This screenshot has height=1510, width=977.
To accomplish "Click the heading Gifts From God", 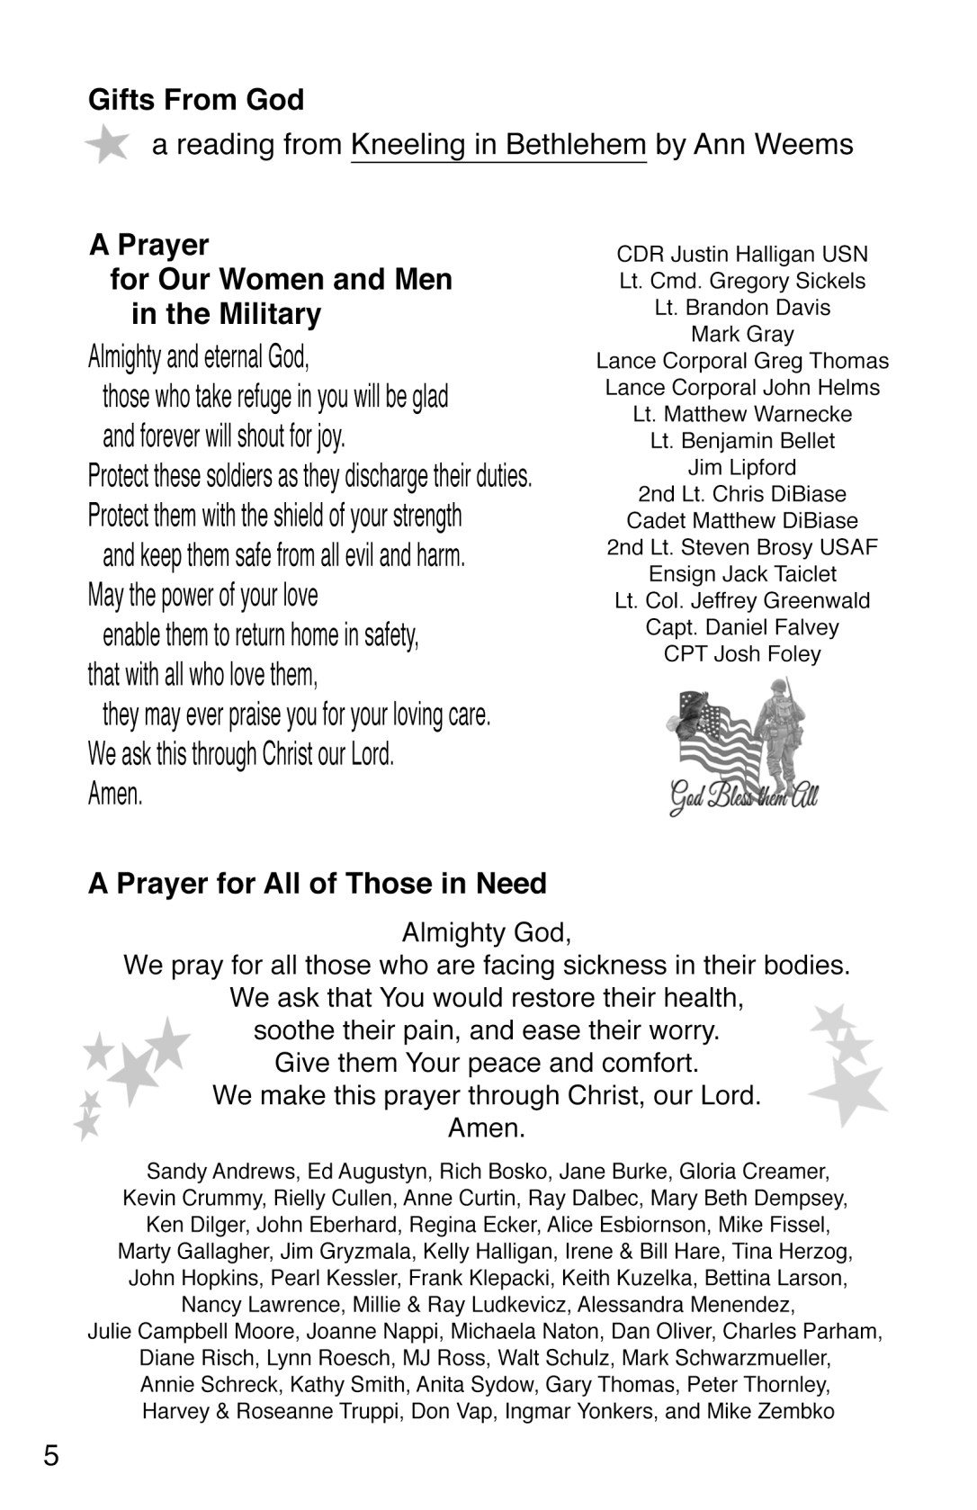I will coord(196,99).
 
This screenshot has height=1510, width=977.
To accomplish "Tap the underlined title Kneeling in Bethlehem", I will coord(498,144).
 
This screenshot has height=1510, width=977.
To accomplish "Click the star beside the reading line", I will coord(108,144).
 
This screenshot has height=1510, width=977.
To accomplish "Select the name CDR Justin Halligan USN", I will coord(742,255).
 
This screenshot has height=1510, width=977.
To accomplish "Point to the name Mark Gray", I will coord(742,335).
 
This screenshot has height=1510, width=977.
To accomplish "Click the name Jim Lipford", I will coord(742,468).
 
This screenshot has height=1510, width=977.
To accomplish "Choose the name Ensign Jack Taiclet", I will coord(742,574).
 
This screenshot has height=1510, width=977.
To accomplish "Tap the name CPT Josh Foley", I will coord(742,654).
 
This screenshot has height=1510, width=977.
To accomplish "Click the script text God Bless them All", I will coord(743,796).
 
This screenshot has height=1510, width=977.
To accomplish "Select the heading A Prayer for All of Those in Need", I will coord(318,884).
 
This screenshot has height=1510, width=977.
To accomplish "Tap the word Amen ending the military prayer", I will coord(115,794).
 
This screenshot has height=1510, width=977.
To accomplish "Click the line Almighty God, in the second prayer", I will coord(487,932).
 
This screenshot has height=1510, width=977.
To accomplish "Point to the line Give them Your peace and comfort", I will coord(487,1063).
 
